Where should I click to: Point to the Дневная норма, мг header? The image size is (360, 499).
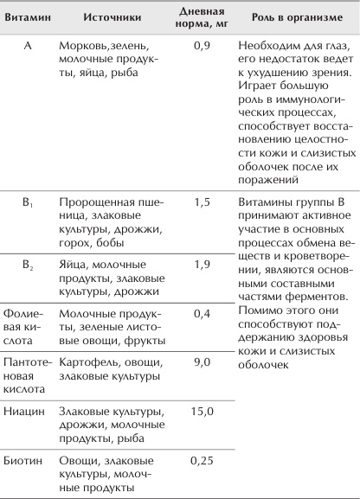coord(201,17)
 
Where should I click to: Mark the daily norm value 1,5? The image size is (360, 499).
coord(201,202)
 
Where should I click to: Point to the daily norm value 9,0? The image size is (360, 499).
coord(201,362)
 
